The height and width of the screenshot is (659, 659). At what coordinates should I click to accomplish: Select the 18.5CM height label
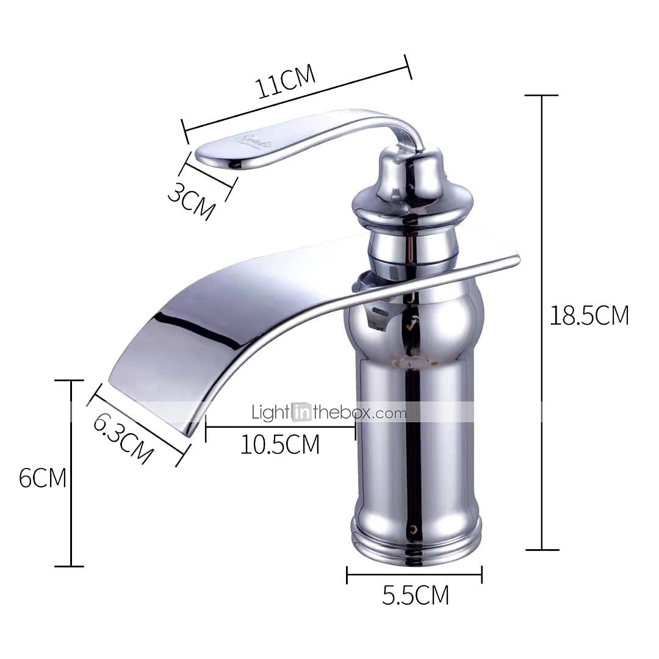(589, 315)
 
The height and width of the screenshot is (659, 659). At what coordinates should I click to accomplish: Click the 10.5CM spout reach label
(279, 445)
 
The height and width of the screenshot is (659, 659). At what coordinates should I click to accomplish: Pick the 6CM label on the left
(42, 477)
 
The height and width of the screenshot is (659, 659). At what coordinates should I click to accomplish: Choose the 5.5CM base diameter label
(416, 594)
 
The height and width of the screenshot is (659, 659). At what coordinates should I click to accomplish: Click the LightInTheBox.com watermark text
(329, 413)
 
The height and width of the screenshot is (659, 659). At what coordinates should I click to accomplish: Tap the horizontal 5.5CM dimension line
(414, 574)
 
